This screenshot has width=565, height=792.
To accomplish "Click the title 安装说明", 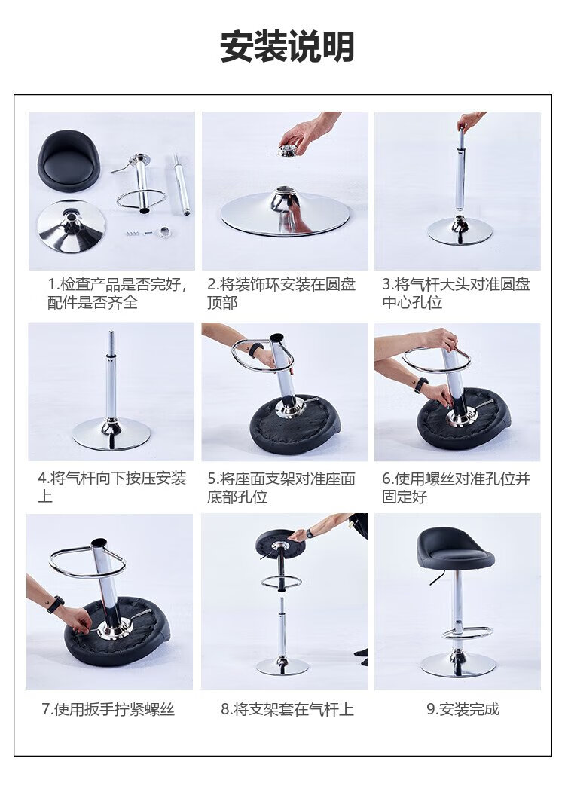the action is coord(287,47).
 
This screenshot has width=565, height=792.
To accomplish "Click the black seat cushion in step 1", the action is coord(71,161).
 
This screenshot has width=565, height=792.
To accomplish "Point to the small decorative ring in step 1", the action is coord(165,232).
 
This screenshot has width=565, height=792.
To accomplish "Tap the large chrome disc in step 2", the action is coord(286,214).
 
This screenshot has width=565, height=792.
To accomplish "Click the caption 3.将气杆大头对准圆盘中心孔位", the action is coord(456,293).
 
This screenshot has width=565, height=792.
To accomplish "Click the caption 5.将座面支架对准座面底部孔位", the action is coord(281,487).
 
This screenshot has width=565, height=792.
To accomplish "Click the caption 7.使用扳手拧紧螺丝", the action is coord(108,709).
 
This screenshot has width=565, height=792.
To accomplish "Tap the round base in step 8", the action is coord(282,665).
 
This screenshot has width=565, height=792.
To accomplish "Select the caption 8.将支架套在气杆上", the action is coord(287,709).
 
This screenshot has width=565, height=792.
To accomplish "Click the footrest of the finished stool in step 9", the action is coord(466,632).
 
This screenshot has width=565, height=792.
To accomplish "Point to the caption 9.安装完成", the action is coord(463,709).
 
